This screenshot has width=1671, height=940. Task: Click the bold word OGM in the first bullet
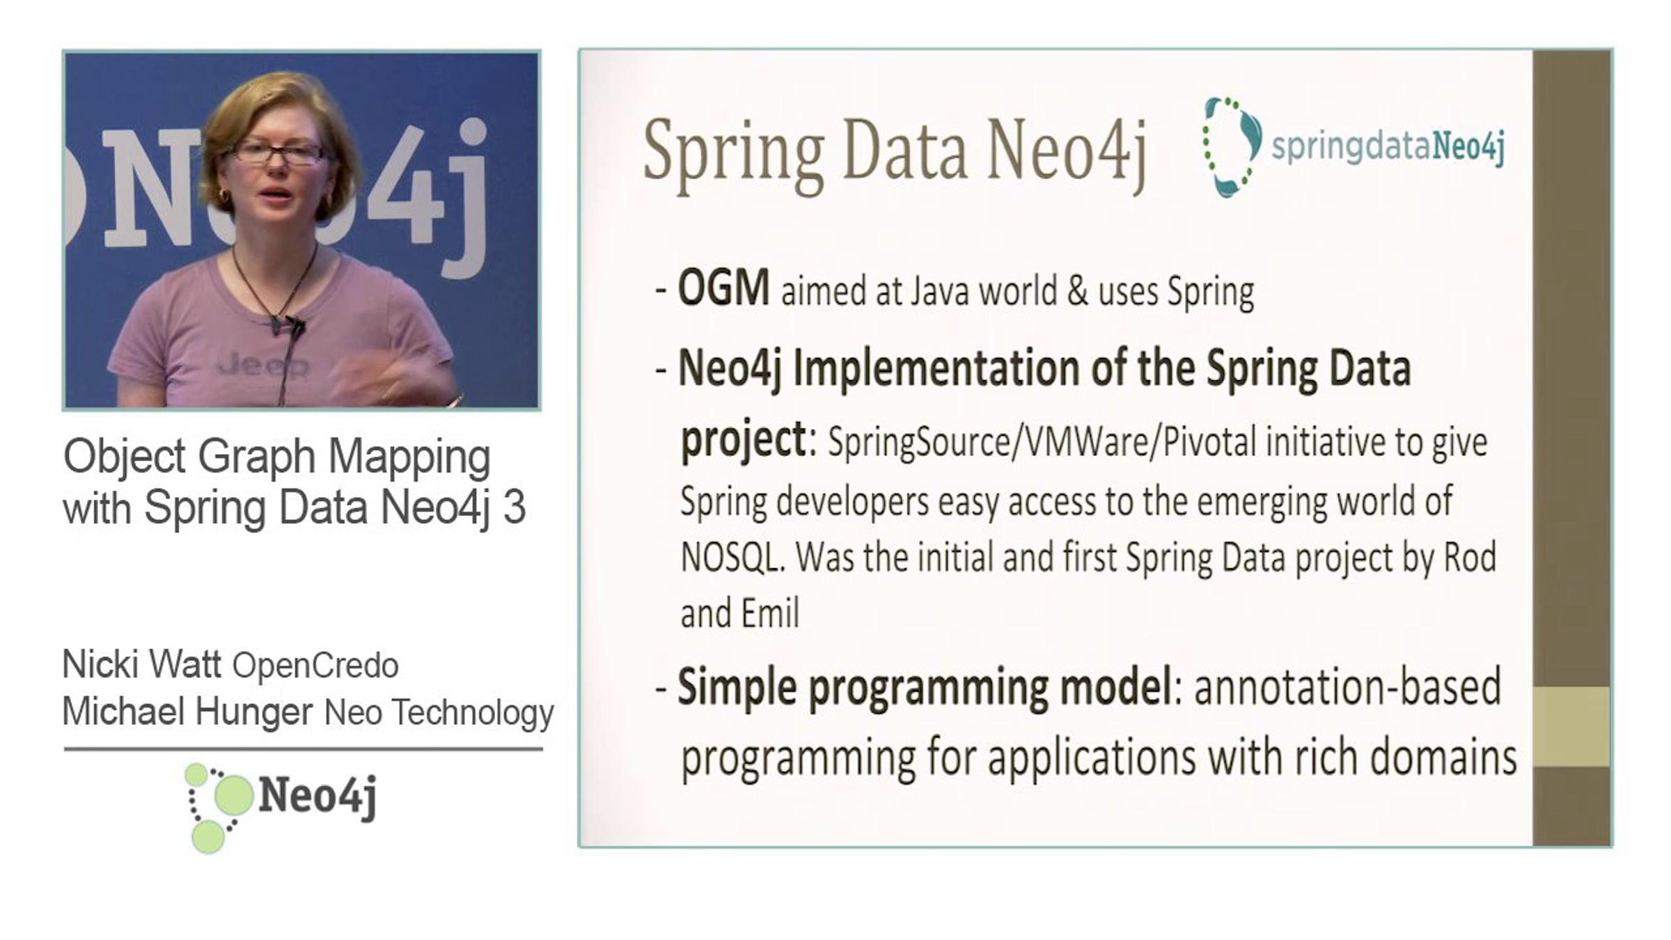[723, 288]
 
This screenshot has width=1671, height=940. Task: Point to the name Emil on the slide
[769, 613]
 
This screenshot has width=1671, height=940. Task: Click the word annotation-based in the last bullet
[1348, 687]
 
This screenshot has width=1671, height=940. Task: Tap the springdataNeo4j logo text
[1388, 147]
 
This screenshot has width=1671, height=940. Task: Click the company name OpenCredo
[315, 666]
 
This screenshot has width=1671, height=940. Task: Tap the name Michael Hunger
[187, 712]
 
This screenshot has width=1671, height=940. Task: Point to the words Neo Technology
[439, 712]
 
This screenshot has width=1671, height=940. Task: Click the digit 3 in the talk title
[514, 507]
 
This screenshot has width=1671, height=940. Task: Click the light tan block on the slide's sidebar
[1571, 726]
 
